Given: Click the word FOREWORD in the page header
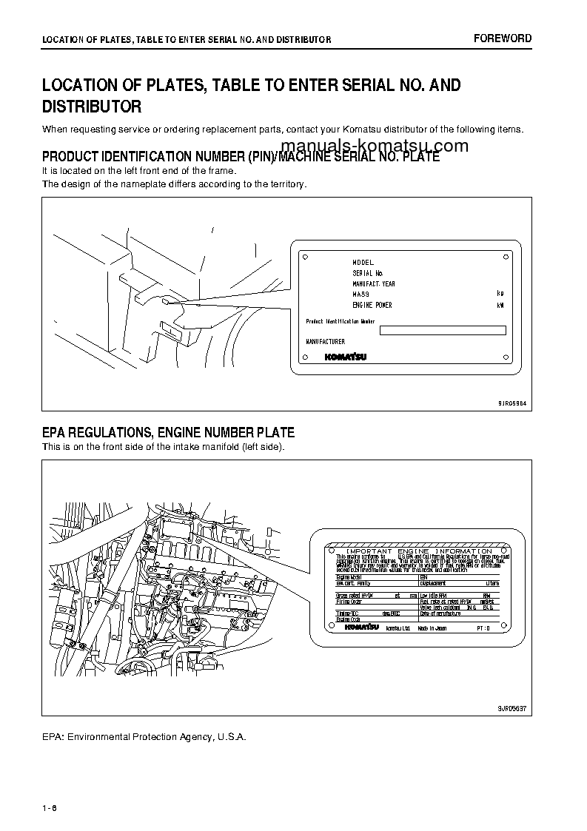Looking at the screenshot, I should (x=503, y=38).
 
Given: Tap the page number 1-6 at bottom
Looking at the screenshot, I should (x=50, y=807).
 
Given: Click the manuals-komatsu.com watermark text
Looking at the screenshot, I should (x=375, y=146).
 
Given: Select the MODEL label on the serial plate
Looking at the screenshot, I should (x=363, y=263).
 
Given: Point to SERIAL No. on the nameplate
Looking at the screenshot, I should (x=368, y=273).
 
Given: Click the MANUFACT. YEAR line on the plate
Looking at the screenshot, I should (x=374, y=283).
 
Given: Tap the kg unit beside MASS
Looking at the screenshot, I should (x=500, y=294).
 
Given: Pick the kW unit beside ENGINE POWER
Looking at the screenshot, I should (x=500, y=305).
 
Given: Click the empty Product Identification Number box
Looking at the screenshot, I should (x=443, y=331).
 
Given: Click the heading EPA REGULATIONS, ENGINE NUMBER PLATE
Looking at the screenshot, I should (x=168, y=433).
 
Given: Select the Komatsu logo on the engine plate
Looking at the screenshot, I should (x=361, y=627).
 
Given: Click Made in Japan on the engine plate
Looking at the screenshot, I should (x=432, y=627).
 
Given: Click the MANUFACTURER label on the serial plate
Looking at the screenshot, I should (x=326, y=342).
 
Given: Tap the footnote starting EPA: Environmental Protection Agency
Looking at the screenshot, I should (x=144, y=737).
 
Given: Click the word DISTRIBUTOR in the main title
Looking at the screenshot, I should (x=92, y=107).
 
